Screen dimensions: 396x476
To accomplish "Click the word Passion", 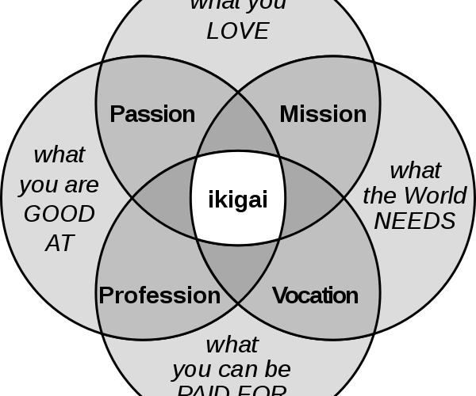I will click(152, 114).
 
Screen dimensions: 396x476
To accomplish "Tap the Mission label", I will click(323, 114).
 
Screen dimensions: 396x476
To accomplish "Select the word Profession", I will click(159, 295).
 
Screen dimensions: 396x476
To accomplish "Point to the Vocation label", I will click(315, 295).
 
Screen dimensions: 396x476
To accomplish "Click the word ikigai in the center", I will click(237, 200).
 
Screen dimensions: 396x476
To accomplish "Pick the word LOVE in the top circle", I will click(238, 32).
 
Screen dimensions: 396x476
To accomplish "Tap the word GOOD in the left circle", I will click(59, 214).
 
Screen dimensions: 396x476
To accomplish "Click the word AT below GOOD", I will click(59, 243).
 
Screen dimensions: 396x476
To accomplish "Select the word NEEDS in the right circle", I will click(415, 221).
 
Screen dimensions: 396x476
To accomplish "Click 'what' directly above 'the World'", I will click(416, 170).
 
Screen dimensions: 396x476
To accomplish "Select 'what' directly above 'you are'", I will click(59, 154).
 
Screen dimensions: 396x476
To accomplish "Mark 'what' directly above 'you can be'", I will click(232, 345).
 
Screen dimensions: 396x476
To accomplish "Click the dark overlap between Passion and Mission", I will click(238, 131).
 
